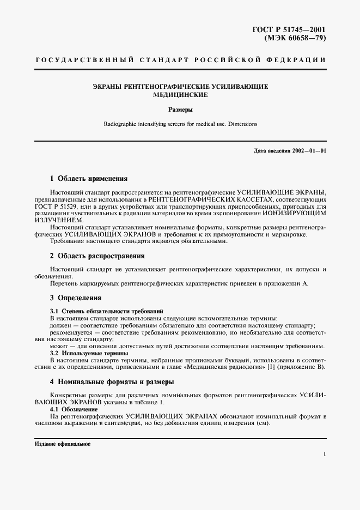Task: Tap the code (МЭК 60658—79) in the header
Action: [x=295, y=39]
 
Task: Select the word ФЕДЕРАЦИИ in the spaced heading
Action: [x=297, y=59]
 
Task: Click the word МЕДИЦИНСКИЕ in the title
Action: [x=180, y=95]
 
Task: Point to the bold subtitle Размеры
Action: [x=180, y=110]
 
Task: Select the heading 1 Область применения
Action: [x=89, y=178]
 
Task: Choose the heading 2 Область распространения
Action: [x=97, y=256]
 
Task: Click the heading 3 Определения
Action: [x=76, y=298]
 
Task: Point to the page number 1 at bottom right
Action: [x=324, y=454]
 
